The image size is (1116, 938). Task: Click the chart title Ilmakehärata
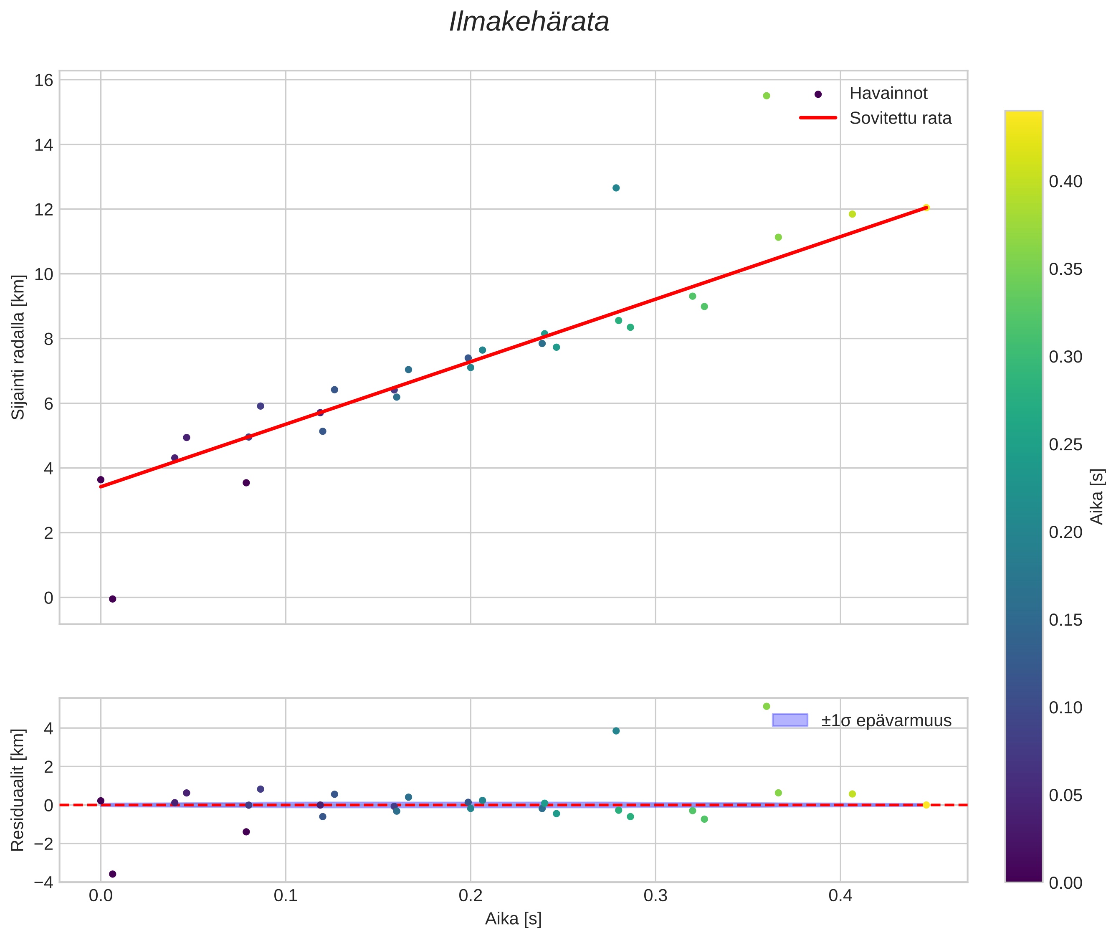[529, 22]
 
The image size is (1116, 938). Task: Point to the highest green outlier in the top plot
[766, 96]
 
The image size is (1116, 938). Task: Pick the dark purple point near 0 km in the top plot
[112, 599]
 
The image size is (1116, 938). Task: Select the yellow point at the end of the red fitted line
[926, 208]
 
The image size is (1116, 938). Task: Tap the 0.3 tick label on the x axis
[655, 896]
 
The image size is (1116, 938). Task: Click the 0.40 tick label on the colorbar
[1065, 182]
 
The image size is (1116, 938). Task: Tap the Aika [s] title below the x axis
[513, 919]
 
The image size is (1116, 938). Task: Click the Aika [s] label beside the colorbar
[1097, 496]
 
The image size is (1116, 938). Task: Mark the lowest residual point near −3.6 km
[112, 874]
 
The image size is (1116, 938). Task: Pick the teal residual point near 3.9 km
[616, 730]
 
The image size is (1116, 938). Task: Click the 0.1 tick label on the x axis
[286, 896]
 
